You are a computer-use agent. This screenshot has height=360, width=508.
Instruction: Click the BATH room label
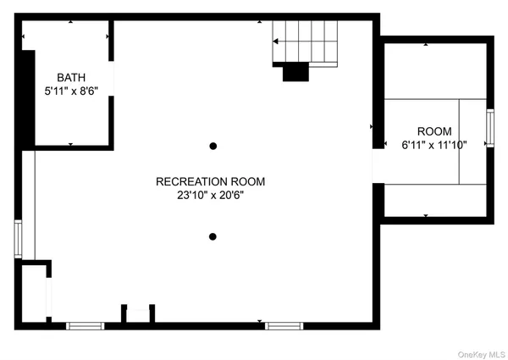tap(72, 77)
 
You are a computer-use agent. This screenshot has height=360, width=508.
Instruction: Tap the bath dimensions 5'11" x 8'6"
tap(72, 91)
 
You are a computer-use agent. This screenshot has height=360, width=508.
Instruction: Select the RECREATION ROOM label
tap(210, 181)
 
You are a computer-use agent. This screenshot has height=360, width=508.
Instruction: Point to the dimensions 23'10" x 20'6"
tap(210, 195)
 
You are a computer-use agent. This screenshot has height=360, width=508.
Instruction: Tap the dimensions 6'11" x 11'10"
tap(433, 145)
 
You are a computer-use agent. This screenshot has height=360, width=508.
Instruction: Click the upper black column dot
tap(213, 147)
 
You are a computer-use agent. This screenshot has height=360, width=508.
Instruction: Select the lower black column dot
tap(213, 236)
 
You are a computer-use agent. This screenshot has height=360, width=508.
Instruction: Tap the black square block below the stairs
tap(295, 73)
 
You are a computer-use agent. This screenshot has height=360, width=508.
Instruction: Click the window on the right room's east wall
tap(489, 128)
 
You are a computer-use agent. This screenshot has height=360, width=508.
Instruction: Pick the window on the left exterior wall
tap(18, 238)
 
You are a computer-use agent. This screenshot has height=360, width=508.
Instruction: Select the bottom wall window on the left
tap(86, 325)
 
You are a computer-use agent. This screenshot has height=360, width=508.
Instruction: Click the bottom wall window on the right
tap(284, 325)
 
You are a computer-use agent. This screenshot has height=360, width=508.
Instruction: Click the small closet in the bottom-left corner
tap(34, 293)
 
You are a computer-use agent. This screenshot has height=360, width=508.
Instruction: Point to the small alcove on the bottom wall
tap(137, 314)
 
